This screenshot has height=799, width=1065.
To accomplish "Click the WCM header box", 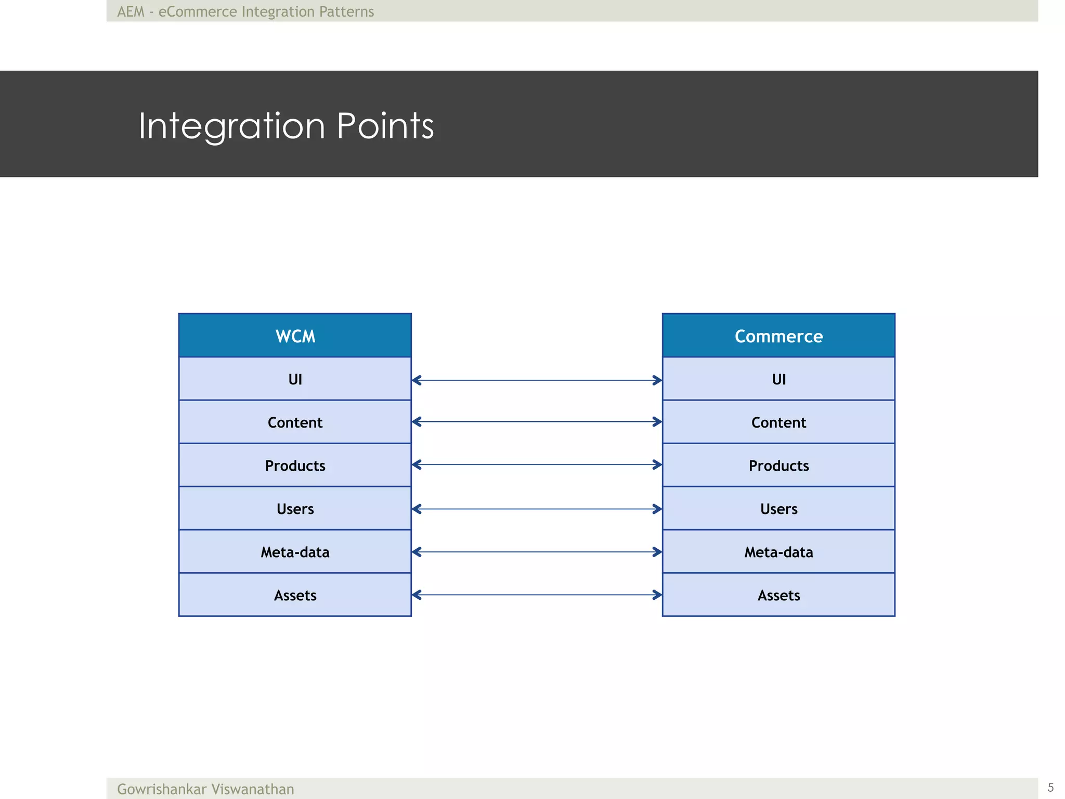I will (295, 336).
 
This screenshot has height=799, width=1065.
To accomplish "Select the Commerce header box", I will (778, 336).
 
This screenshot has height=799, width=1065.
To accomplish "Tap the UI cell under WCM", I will (295, 379).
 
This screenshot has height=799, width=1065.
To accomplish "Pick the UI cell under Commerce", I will (778, 379).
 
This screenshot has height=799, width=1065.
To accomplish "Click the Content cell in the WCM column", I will (295, 422).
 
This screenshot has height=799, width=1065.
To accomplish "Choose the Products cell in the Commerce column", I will (778, 465).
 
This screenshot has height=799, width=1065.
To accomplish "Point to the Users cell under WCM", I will (295, 508).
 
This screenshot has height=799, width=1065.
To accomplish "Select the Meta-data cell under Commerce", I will (778, 551).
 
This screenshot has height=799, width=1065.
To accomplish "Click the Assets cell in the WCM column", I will (295, 595).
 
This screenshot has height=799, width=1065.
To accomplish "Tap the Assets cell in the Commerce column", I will (778, 595).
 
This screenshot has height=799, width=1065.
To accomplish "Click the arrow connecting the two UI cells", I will (537, 380).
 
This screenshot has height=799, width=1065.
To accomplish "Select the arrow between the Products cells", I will (537, 465).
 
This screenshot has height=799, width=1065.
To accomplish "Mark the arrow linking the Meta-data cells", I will (537, 551).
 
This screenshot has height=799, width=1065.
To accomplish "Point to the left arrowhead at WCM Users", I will (416, 509).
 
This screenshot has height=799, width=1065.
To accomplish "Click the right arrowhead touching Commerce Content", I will (658, 421).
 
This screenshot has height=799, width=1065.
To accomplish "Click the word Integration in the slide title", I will (231, 126).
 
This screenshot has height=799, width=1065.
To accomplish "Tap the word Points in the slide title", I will (385, 126).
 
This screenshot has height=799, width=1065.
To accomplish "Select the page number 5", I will (1050, 787).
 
